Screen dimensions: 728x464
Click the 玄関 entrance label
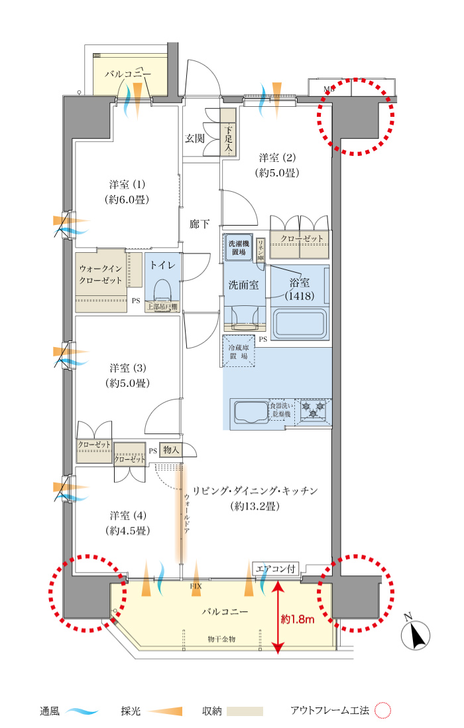194,139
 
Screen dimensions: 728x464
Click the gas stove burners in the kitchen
313,409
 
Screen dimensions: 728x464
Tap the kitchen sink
249,413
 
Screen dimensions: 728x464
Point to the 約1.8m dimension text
297,620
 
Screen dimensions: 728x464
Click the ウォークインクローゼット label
102,274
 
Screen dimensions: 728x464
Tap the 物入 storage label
171,450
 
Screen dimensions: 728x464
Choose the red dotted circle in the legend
384,711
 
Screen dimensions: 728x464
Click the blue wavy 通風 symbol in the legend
82,711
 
